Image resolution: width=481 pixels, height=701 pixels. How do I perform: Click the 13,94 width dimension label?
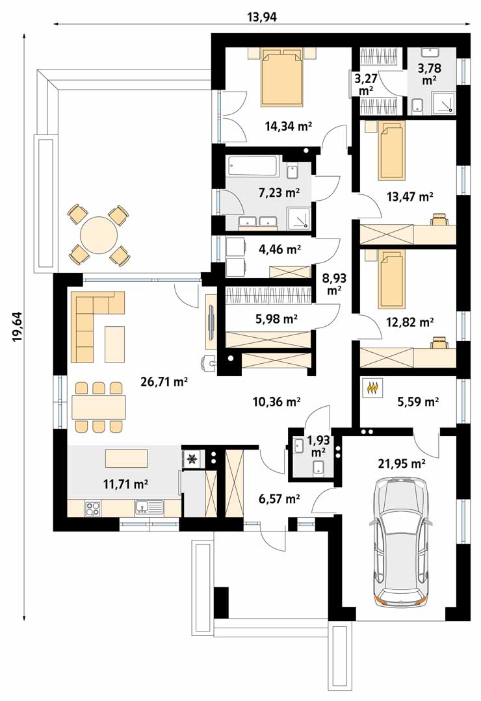[x=262, y=17]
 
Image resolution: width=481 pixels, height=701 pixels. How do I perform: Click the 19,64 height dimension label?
[x=18, y=327]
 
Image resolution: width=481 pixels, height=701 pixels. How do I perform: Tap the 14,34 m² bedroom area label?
[x=288, y=126]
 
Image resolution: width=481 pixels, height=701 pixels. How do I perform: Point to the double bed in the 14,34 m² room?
[x=282, y=77]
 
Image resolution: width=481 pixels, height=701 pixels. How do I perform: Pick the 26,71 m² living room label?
[x=164, y=382]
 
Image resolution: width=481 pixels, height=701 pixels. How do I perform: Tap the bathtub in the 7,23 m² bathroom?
[x=254, y=166]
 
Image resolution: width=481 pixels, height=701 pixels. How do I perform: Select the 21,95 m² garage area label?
[x=401, y=464]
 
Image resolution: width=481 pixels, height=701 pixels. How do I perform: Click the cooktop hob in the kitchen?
[x=92, y=507]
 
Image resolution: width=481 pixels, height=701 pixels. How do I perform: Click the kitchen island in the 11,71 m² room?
[x=126, y=458]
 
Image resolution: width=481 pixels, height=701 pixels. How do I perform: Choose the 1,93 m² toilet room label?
[x=318, y=446]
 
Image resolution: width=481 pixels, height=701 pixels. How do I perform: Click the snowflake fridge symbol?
[x=192, y=459]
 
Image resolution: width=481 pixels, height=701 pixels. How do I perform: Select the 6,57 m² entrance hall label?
[x=279, y=498]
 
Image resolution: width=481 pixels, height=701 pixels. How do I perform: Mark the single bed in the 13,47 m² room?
[x=391, y=150]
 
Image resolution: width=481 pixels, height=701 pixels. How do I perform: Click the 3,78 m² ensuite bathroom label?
[x=429, y=74]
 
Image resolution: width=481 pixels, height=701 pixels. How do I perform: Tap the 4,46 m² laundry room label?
[x=279, y=249]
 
